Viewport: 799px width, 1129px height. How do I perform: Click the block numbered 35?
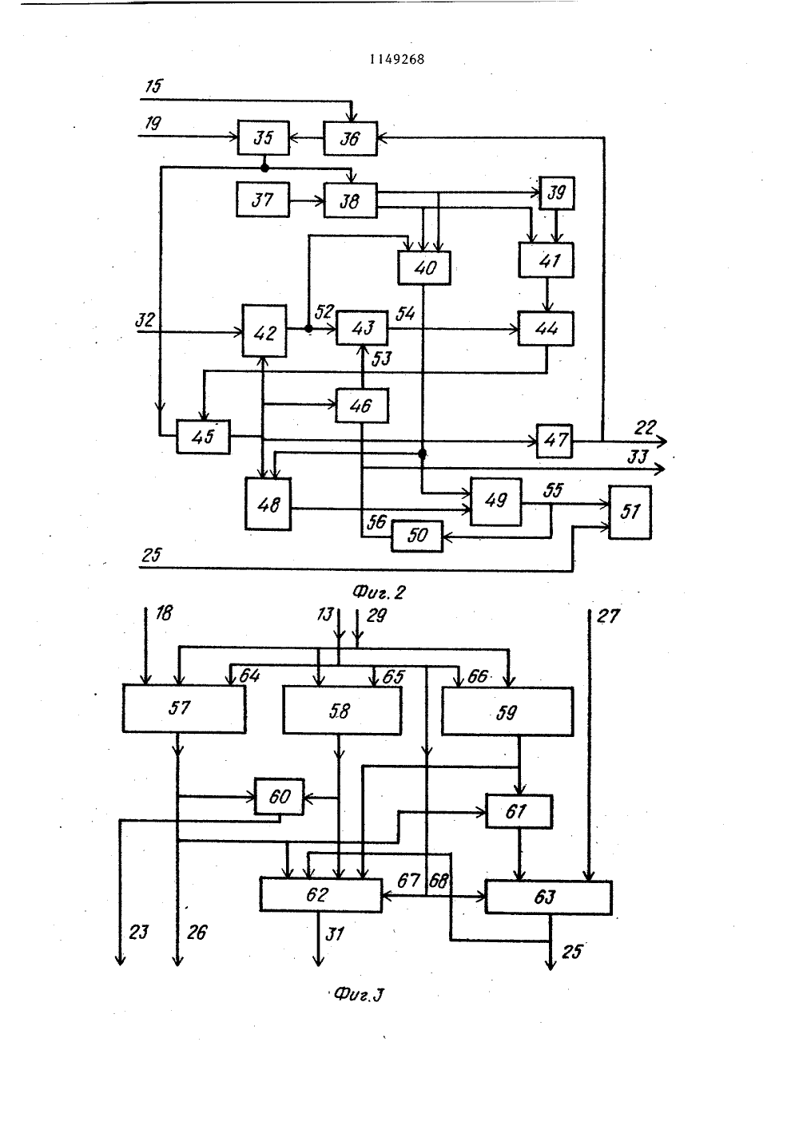[x=264, y=137]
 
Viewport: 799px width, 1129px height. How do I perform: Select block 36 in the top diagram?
[x=350, y=138]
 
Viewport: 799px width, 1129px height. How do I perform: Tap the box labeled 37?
[x=263, y=200]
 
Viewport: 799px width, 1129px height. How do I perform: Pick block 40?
[x=424, y=267]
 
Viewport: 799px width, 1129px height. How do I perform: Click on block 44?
[x=546, y=329]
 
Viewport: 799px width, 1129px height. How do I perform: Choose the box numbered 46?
[x=362, y=406]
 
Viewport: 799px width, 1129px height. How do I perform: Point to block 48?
[x=268, y=504]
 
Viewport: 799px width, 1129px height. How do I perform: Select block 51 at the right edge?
[x=630, y=512]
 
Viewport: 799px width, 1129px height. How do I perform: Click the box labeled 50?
[x=417, y=536]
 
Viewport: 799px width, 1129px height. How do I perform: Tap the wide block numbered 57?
[x=184, y=708]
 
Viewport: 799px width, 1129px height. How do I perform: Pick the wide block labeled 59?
[x=507, y=711]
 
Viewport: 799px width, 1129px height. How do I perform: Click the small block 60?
[x=279, y=796]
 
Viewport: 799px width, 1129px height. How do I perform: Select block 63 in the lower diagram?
[x=548, y=897]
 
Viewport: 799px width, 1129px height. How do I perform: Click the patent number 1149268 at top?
[x=397, y=59]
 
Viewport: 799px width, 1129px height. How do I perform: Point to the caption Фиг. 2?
[x=379, y=592]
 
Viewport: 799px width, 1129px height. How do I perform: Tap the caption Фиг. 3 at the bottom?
[x=359, y=995]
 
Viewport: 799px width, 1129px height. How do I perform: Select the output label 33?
[x=637, y=457]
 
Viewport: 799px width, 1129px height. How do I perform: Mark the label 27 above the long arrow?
[x=608, y=616]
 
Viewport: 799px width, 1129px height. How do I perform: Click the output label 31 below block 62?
[x=335, y=934]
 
